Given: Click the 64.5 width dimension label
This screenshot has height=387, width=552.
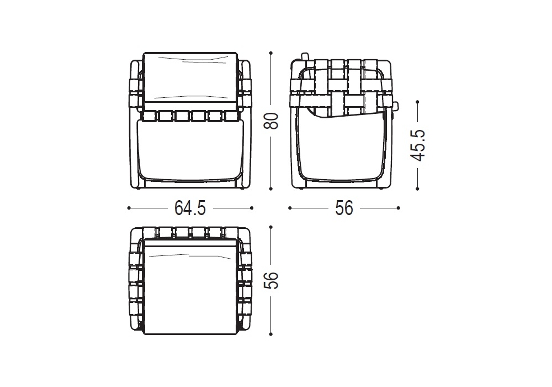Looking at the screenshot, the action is click(190, 208).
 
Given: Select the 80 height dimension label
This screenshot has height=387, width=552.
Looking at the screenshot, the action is click(272, 121).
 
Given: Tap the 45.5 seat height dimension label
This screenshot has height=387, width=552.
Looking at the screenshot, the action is click(418, 145).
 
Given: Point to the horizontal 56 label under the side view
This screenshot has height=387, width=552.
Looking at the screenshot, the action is click(344, 208).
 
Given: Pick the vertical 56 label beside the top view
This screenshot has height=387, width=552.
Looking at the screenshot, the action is click(272, 280).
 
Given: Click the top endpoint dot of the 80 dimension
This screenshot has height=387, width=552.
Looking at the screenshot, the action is click(270, 53).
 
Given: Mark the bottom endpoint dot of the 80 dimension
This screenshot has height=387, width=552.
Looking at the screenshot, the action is click(270, 189).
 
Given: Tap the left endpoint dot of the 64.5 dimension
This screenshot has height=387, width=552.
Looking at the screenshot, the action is click(129, 208).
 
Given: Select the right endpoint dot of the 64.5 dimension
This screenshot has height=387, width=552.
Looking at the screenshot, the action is click(252, 208).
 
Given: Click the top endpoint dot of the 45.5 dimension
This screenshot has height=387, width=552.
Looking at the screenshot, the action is click(417, 102).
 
